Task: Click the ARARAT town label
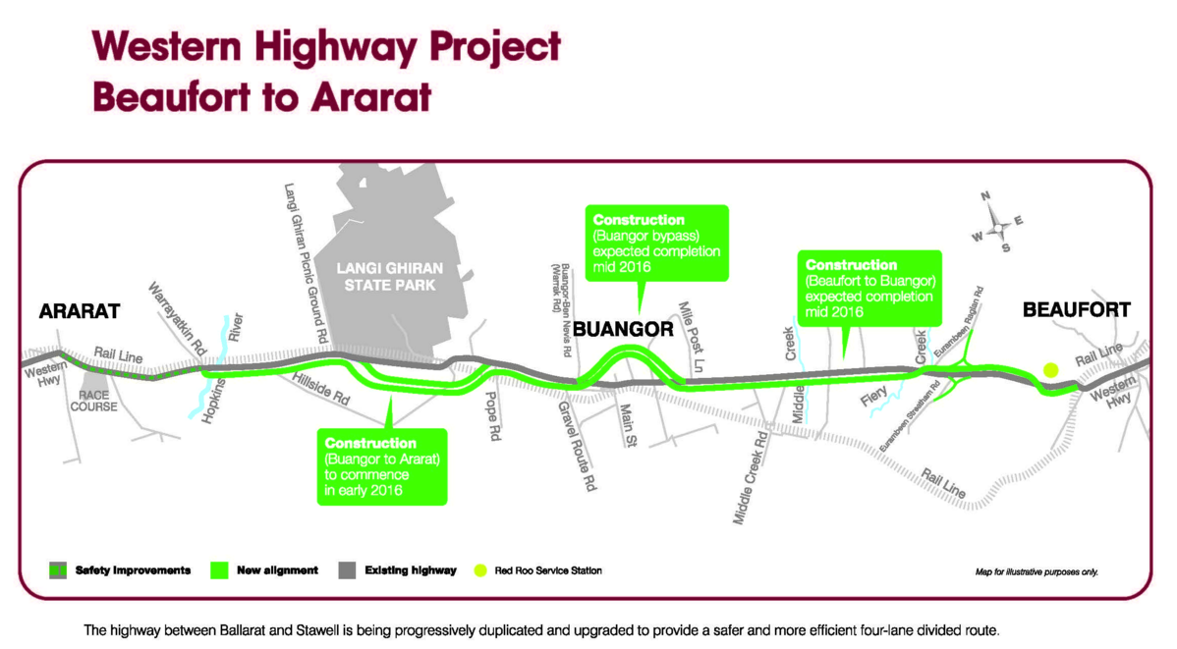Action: coord(79,312)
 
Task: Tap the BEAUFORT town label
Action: coord(1076,310)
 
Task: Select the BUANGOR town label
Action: coord(623,328)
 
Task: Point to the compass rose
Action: coord(997,227)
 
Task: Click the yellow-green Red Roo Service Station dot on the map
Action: coord(1050,370)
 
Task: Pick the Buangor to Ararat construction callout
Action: coord(382,465)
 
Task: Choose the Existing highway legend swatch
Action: coord(348,569)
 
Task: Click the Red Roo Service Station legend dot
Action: coord(480,569)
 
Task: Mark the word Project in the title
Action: coord(466,46)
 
